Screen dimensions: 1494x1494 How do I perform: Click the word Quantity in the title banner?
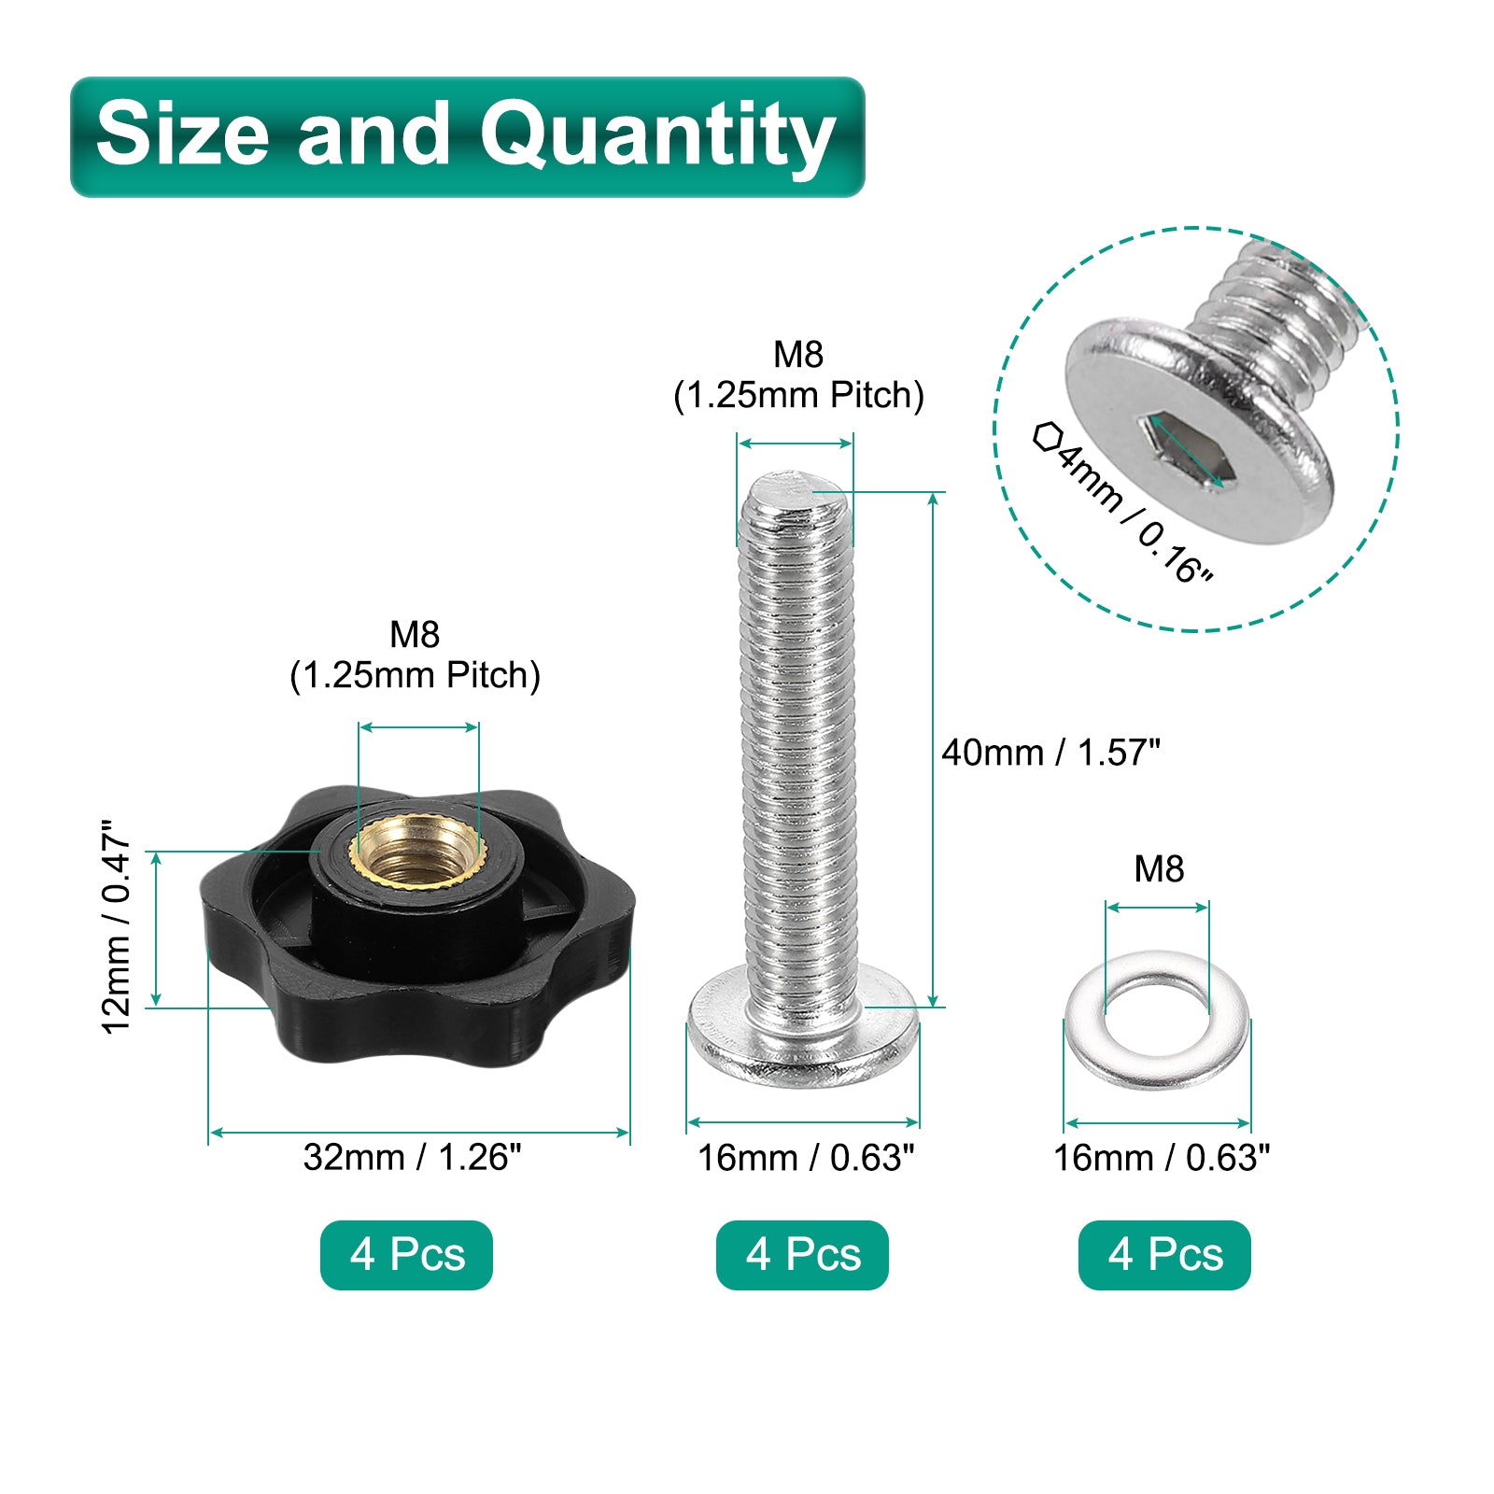coord(657,138)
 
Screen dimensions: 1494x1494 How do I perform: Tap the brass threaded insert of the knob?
coord(417,852)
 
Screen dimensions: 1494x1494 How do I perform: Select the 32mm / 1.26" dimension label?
coord(412,1158)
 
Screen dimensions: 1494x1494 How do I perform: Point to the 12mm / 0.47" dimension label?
coord(117,927)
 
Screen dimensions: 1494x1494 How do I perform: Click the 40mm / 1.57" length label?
coord(1050,752)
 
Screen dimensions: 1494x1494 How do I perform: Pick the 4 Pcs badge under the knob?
coord(406,1255)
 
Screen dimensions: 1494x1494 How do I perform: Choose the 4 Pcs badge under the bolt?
coord(802,1255)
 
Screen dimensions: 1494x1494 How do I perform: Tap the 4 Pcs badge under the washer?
coord(1164,1255)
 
